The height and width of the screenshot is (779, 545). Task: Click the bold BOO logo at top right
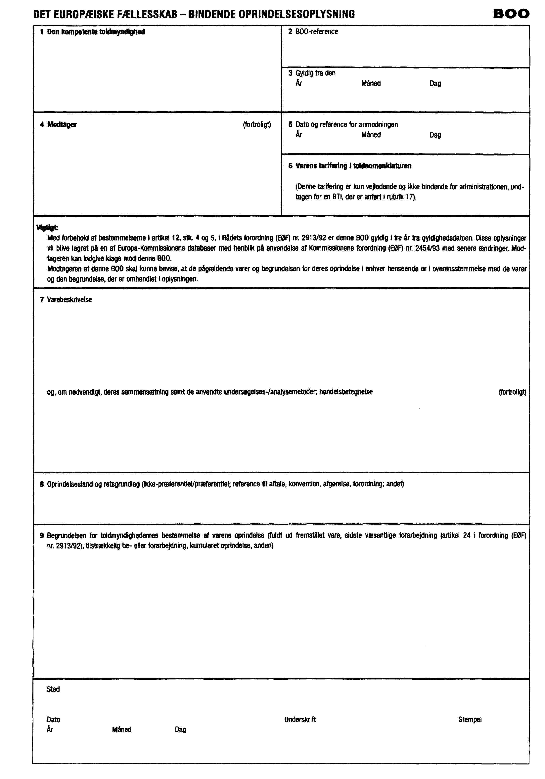pyautogui.click(x=511, y=14)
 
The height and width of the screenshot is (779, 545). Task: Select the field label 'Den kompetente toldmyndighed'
pyautogui.click(x=96, y=32)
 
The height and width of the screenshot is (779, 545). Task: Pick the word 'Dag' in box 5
pyautogui.click(x=435, y=135)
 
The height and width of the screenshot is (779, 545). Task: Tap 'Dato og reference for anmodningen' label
pyautogui.click(x=346, y=124)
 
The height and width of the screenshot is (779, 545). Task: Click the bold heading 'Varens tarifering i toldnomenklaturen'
pyautogui.click(x=353, y=166)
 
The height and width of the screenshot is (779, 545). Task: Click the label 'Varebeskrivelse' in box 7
pyautogui.click(x=69, y=300)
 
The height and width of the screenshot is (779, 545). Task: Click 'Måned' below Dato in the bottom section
pyautogui.click(x=121, y=729)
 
